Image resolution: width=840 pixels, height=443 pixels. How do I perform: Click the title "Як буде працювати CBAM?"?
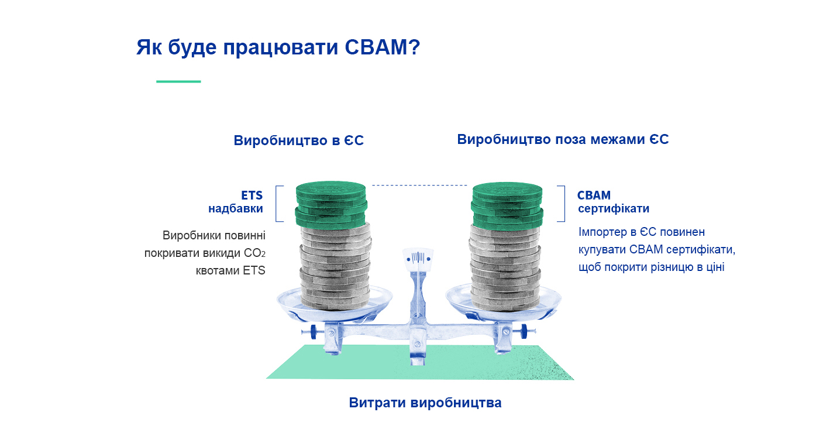point(278,47)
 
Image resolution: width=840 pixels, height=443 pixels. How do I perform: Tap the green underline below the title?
point(178,81)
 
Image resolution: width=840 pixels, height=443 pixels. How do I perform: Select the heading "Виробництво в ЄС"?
point(298,140)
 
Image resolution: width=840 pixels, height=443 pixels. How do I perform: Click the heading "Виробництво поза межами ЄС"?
point(562,140)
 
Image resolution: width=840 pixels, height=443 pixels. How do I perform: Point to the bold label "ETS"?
point(252,195)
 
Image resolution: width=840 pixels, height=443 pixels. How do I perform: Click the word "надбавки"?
point(235,208)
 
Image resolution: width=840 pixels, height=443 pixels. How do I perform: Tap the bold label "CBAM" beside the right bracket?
point(594,195)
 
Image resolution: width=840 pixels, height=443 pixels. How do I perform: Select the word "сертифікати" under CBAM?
point(614,209)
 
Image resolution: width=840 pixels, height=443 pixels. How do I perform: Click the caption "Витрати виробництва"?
point(425,403)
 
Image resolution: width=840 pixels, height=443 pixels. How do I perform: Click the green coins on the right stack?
point(507,204)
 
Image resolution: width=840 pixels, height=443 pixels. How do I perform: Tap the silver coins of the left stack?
point(335,266)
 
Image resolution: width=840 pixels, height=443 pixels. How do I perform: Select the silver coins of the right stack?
point(504,266)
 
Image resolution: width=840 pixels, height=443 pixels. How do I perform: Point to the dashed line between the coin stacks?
point(419,186)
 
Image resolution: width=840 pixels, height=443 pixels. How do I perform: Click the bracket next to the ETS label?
point(279,204)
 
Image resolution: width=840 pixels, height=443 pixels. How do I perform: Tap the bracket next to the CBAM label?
point(562,204)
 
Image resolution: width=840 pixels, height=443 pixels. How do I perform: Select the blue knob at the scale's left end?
point(314,332)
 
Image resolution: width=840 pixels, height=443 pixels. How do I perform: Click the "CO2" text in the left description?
point(254,253)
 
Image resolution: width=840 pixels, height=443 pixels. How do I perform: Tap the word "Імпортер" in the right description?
point(603,232)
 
